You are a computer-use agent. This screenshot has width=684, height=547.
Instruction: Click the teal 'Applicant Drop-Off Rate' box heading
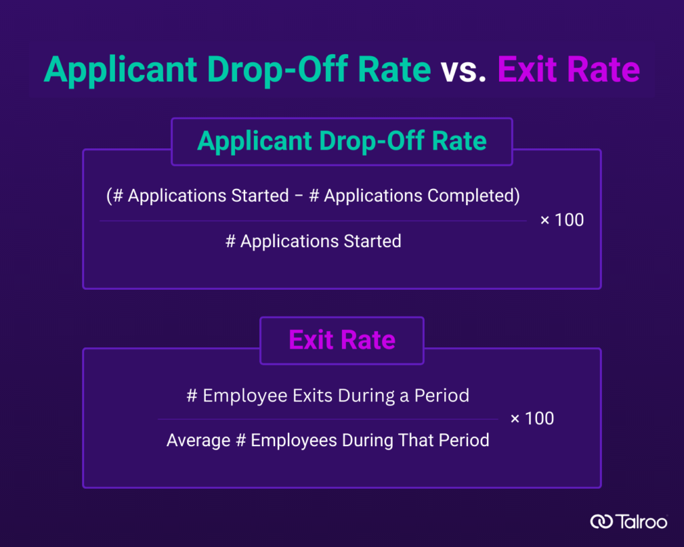[x=342, y=142]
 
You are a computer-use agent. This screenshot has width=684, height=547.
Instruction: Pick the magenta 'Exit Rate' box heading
[x=342, y=340]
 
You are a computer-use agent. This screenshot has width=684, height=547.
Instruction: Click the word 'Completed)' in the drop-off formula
[x=474, y=196]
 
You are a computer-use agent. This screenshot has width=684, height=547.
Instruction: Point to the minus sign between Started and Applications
[x=299, y=196]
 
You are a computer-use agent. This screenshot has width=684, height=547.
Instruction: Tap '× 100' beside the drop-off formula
[x=562, y=220]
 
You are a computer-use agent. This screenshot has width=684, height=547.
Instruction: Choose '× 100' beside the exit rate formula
[x=532, y=419]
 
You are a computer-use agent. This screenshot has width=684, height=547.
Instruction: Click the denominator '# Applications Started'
[x=313, y=242]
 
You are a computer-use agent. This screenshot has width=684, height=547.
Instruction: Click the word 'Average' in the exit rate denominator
[x=198, y=441]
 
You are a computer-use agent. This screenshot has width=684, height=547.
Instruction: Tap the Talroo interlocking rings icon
[x=602, y=521]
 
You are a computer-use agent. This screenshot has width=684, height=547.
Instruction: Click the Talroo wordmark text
[x=641, y=522]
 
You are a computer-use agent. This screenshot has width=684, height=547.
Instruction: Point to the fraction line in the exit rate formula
[x=327, y=419]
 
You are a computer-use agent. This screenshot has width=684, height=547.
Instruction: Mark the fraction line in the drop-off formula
[x=313, y=221]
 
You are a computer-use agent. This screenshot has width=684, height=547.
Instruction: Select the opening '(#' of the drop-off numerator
[x=115, y=196]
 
